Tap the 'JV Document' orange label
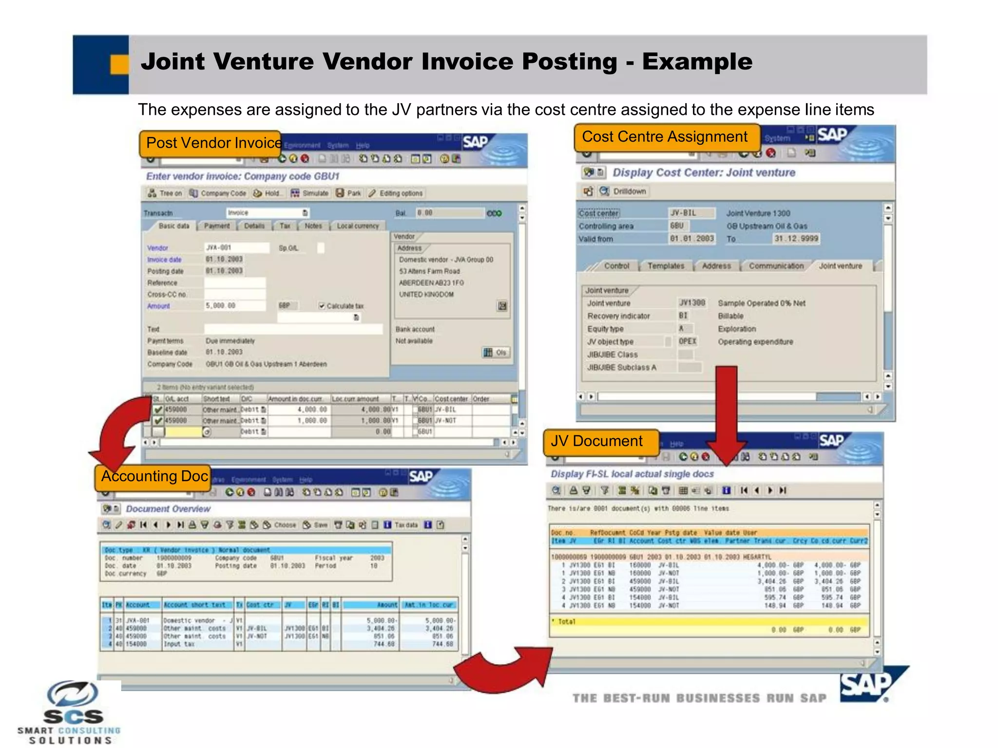point(597,441)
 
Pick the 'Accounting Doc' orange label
point(154,476)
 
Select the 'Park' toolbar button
point(348,193)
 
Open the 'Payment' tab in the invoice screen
point(216,226)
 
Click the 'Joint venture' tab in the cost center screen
point(840,266)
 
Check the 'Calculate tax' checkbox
point(322,306)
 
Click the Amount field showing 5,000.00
point(234,306)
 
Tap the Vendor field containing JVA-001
point(236,248)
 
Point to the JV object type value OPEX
point(687,341)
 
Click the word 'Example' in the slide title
point(697,62)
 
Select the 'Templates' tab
point(666,266)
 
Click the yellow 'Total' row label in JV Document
point(566,622)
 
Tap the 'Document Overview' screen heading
point(168,509)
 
